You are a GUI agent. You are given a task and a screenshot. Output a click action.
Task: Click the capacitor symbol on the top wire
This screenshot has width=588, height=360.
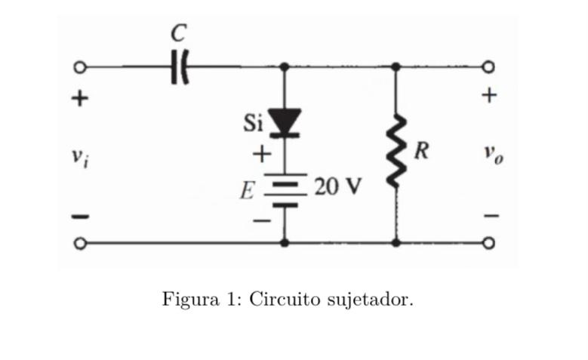coord(180,67)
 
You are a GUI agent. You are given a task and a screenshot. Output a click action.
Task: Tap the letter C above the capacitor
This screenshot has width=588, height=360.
coord(179,32)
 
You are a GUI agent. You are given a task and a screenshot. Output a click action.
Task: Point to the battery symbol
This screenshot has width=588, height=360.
coord(285,192)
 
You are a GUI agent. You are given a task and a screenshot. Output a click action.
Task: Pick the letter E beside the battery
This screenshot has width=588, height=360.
coord(246,192)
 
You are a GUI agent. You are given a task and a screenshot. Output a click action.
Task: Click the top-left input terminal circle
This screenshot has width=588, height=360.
coord(78,67)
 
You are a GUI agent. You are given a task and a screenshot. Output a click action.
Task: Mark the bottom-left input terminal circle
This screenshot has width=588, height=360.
coord(78,243)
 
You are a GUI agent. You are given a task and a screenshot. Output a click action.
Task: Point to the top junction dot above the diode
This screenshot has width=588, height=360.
coord(285,67)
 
